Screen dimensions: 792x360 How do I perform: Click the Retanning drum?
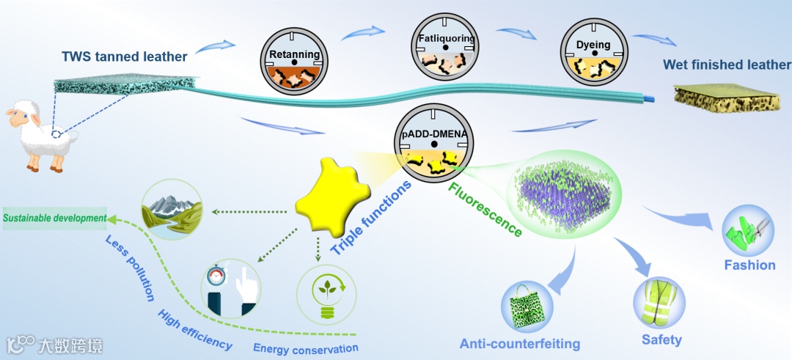pyautogui.click(x=294, y=63)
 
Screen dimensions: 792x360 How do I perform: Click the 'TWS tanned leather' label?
pyautogui.click(x=124, y=56)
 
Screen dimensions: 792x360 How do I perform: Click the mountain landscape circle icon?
pyautogui.click(x=172, y=209)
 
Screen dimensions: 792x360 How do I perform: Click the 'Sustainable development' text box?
pyautogui.click(x=55, y=218)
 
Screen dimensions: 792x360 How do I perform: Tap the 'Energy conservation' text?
pyautogui.click(x=305, y=348)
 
